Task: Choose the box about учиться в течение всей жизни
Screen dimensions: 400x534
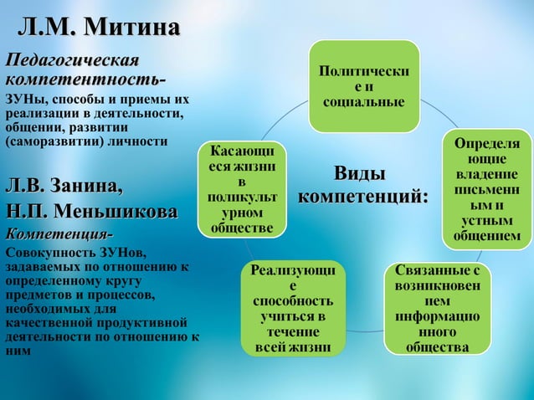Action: (x=292, y=308)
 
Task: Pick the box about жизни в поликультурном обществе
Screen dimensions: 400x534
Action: (x=242, y=189)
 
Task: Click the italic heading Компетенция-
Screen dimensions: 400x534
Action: (x=59, y=231)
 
